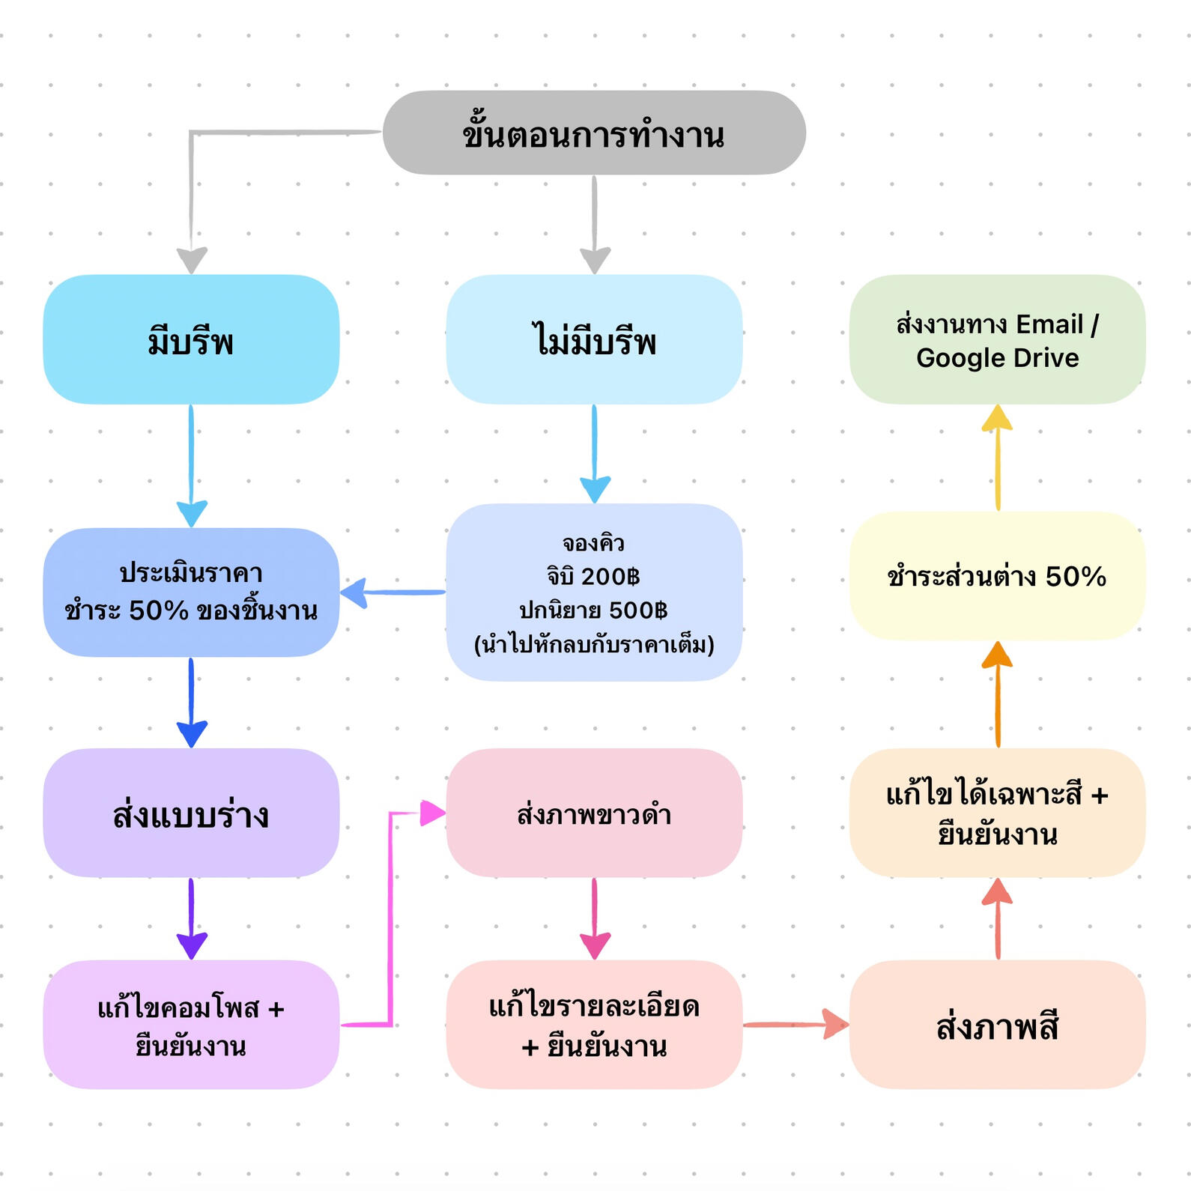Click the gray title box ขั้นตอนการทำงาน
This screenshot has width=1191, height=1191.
click(x=594, y=133)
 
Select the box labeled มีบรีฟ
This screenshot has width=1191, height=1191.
click(x=191, y=339)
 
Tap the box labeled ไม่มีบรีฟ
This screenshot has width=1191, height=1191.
click(x=594, y=339)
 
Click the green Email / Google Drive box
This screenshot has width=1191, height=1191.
click(x=997, y=339)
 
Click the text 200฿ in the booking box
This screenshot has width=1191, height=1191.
click(x=610, y=576)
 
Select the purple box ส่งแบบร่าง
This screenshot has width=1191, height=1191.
click(x=191, y=813)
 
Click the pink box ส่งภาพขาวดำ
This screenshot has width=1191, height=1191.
click(x=594, y=813)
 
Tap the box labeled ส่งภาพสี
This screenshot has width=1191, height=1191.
click(x=997, y=1025)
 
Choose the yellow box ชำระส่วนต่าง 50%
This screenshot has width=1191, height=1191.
click(x=997, y=576)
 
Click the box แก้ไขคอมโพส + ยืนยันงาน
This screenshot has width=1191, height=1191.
click(x=191, y=1025)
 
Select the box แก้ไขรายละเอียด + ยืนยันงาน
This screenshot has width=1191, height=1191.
click(x=594, y=1025)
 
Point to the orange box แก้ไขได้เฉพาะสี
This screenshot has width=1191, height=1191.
click(x=997, y=813)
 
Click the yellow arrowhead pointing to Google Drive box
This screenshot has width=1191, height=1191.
click(x=997, y=418)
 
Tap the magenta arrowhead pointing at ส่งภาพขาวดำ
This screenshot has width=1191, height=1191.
click(x=432, y=813)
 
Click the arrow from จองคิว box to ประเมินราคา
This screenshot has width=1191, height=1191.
click(x=393, y=593)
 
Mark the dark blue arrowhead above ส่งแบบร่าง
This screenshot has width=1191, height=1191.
click(x=192, y=733)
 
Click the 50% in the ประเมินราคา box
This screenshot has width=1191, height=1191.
click(x=158, y=610)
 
